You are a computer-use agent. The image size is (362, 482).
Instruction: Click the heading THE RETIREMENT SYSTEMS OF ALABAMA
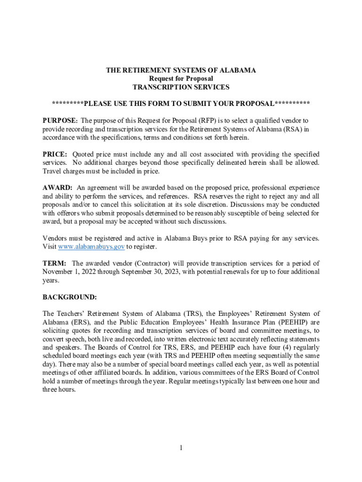(181, 70)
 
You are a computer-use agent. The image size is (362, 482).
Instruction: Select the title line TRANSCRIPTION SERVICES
(181, 87)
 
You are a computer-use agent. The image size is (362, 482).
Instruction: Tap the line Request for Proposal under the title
(181, 79)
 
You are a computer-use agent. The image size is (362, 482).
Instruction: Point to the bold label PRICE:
(55, 154)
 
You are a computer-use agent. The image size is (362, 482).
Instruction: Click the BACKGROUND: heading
(70, 297)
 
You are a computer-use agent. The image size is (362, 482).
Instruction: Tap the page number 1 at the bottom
(181, 448)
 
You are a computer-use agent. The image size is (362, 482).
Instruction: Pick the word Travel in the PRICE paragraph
(52, 171)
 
